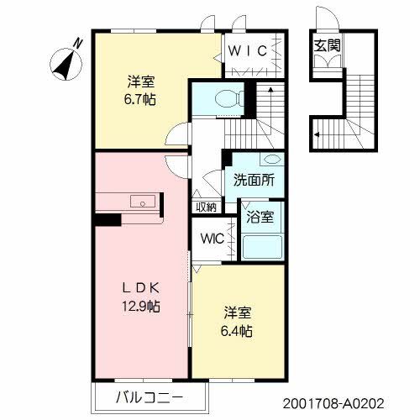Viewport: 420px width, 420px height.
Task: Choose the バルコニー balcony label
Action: pos(149,396)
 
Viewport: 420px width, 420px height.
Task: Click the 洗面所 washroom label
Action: pos(253,179)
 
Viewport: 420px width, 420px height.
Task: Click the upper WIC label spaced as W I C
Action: pos(249,51)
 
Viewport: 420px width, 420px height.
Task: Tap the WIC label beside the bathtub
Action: pos(211,239)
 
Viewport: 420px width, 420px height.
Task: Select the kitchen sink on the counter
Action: pos(141,202)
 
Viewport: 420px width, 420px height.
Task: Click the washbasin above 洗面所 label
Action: pos(270,160)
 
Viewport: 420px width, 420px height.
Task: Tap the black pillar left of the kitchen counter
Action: pos(108,220)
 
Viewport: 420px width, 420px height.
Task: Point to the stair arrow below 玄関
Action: pos(317,134)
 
